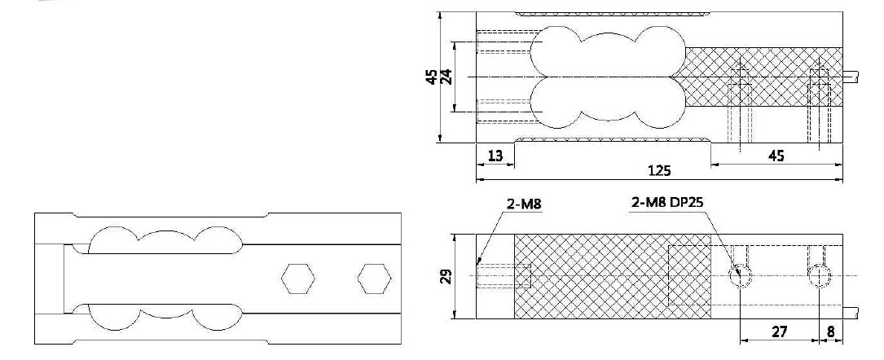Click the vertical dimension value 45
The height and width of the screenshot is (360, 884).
pos(430,77)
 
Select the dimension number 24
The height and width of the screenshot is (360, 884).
pos(446,77)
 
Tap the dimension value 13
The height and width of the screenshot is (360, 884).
pos(495,156)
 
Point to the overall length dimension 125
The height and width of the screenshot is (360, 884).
pos(658,171)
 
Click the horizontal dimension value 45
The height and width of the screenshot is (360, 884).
pos(776,156)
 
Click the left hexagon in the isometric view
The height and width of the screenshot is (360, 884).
pos(295,279)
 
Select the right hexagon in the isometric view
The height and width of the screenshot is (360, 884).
pos(372,279)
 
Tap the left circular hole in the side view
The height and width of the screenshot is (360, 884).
pos(741,276)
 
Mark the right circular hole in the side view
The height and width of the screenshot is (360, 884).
pos(820,276)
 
